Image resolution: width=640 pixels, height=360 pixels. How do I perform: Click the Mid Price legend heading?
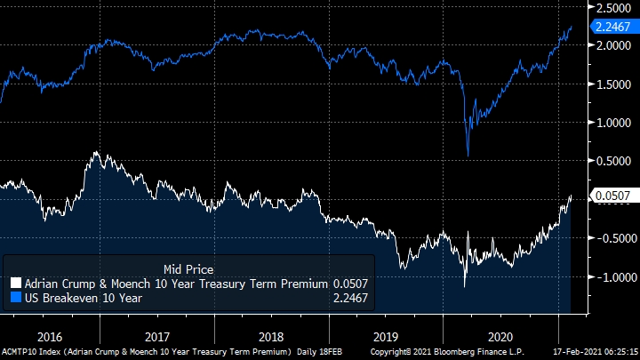[188, 268]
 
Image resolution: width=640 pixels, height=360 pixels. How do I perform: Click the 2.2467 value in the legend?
[349, 298]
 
